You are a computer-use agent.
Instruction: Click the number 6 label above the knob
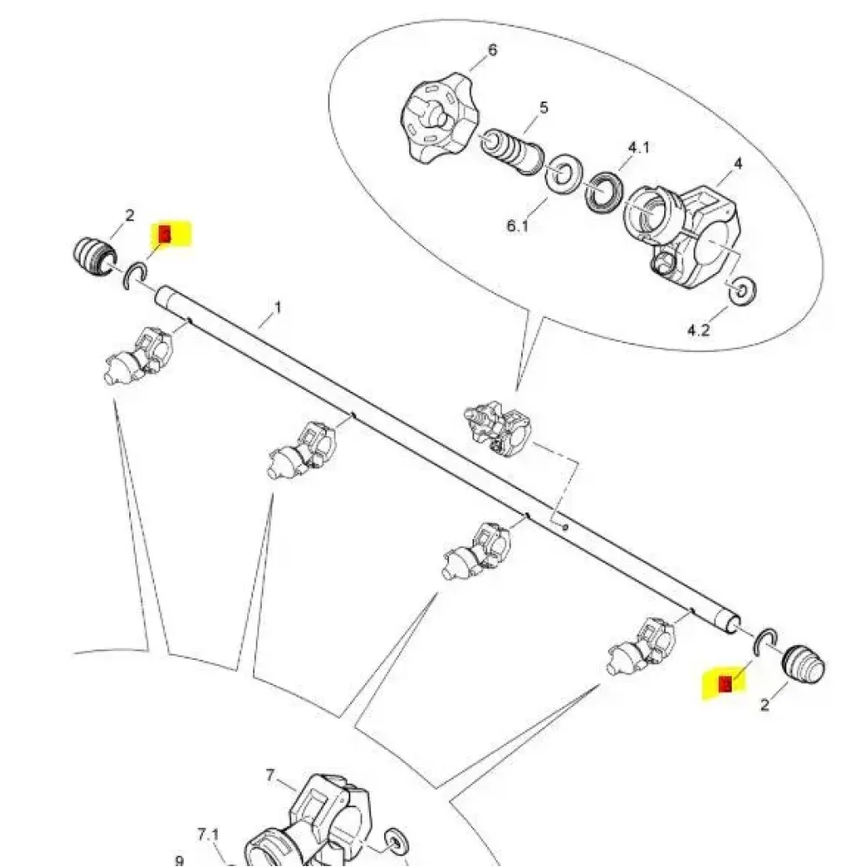click(492, 49)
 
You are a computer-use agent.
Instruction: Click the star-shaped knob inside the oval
click(433, 121)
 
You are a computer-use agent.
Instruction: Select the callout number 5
click(544, 108)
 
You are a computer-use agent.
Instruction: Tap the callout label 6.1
click(518, 226)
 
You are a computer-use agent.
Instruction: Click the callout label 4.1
click(638, 147)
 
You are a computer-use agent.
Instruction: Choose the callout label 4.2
click(699, 329)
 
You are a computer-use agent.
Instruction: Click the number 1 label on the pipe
click(278, 307)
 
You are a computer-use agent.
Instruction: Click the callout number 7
click(269, 774)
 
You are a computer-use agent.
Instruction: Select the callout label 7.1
click(209, 835)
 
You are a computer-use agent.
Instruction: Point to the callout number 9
click(179, 861)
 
